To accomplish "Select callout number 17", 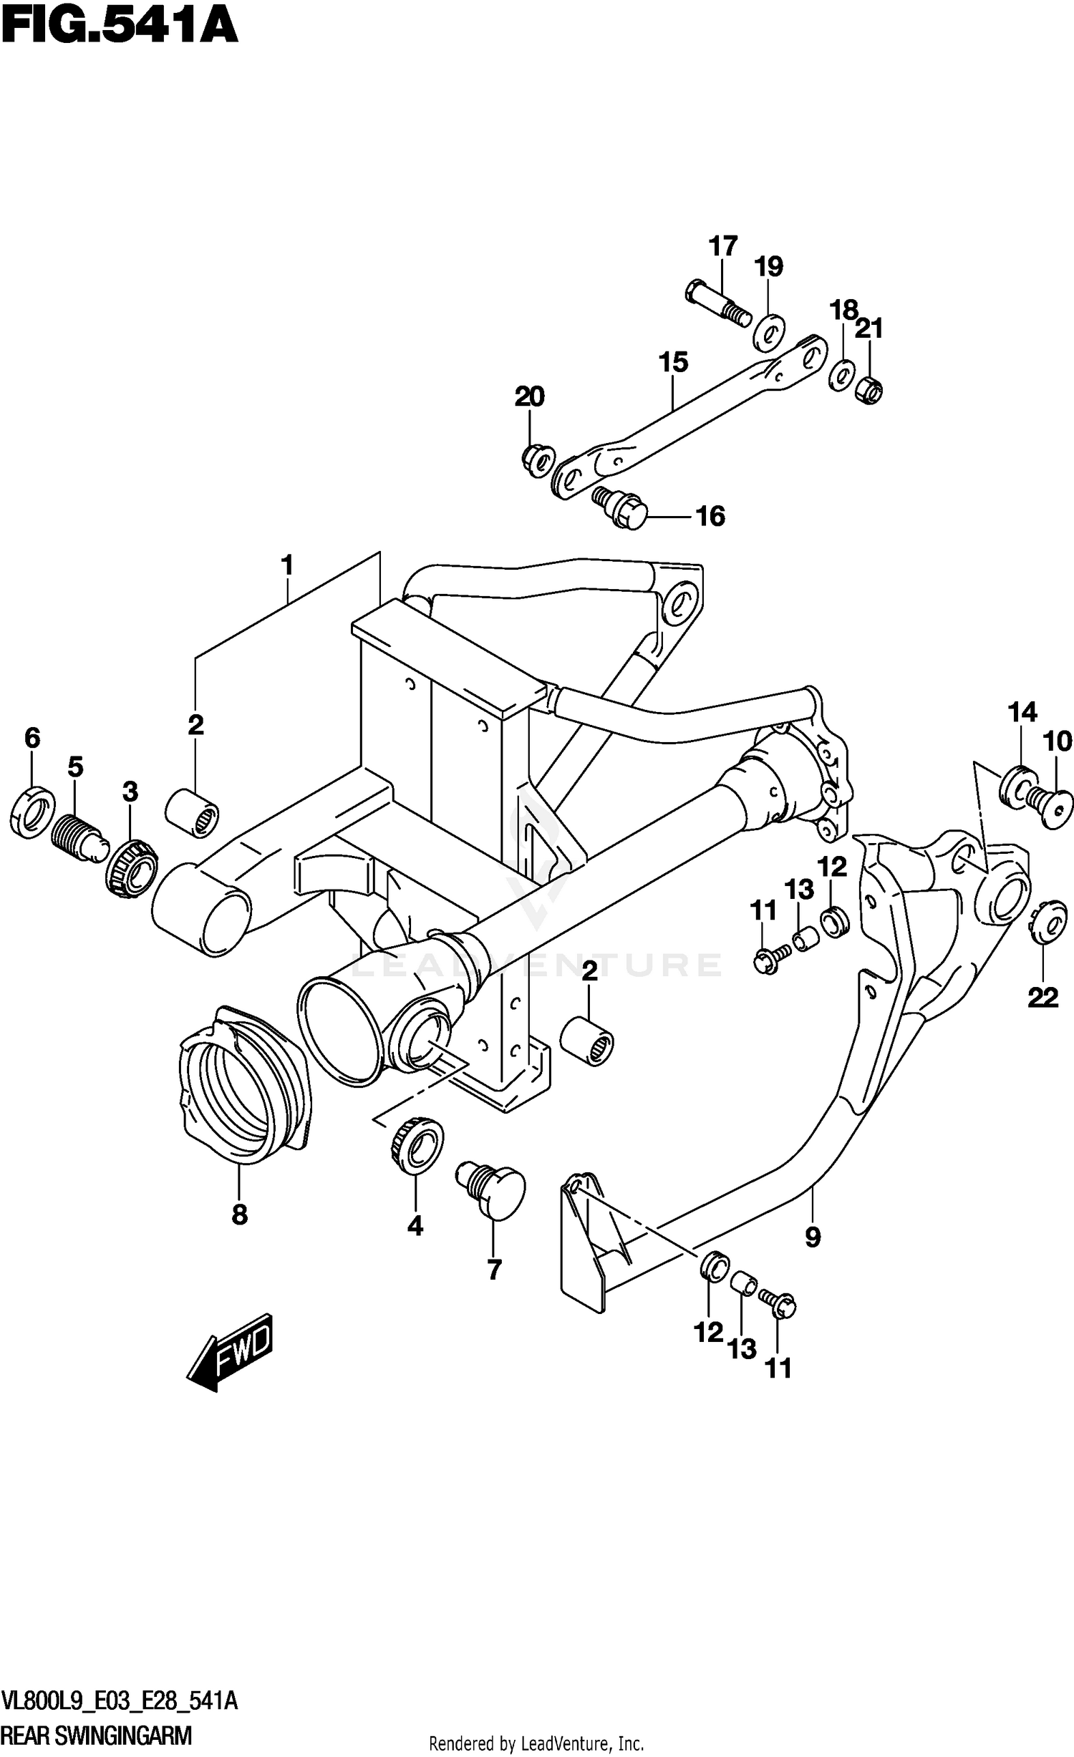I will point(723,246).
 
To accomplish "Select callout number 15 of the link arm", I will point(673,362).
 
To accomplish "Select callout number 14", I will point(1022,712).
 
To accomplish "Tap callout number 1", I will point(287,565).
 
